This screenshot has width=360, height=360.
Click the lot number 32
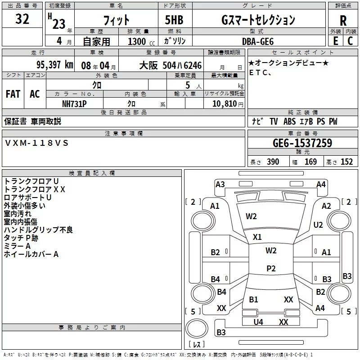click(x=22, y=20)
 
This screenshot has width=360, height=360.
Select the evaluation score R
click(x=343, y=21)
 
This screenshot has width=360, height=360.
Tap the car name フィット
click(x=116, y=20)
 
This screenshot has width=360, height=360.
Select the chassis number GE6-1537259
click(x=302, y=144)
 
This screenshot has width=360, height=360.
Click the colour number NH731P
click(x=75, y=103)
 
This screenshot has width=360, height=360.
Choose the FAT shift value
click(x=13, y=94)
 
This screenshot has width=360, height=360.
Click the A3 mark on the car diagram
click(x=220, y=184)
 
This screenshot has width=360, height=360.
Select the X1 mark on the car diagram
click(x=257, y=237)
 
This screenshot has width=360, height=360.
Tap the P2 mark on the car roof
click(x=271, y=268)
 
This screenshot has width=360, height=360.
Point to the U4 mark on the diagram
click(x=258, y=322)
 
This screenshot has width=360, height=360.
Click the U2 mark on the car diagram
click(x=318, y=225)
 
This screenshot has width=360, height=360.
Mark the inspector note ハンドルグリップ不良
click(x=38, y=230)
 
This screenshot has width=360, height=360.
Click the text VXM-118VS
click(x=37, y=143)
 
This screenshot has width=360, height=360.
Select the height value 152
click(x=346, y=162)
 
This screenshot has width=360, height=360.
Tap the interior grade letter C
click(x=350, y=41)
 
